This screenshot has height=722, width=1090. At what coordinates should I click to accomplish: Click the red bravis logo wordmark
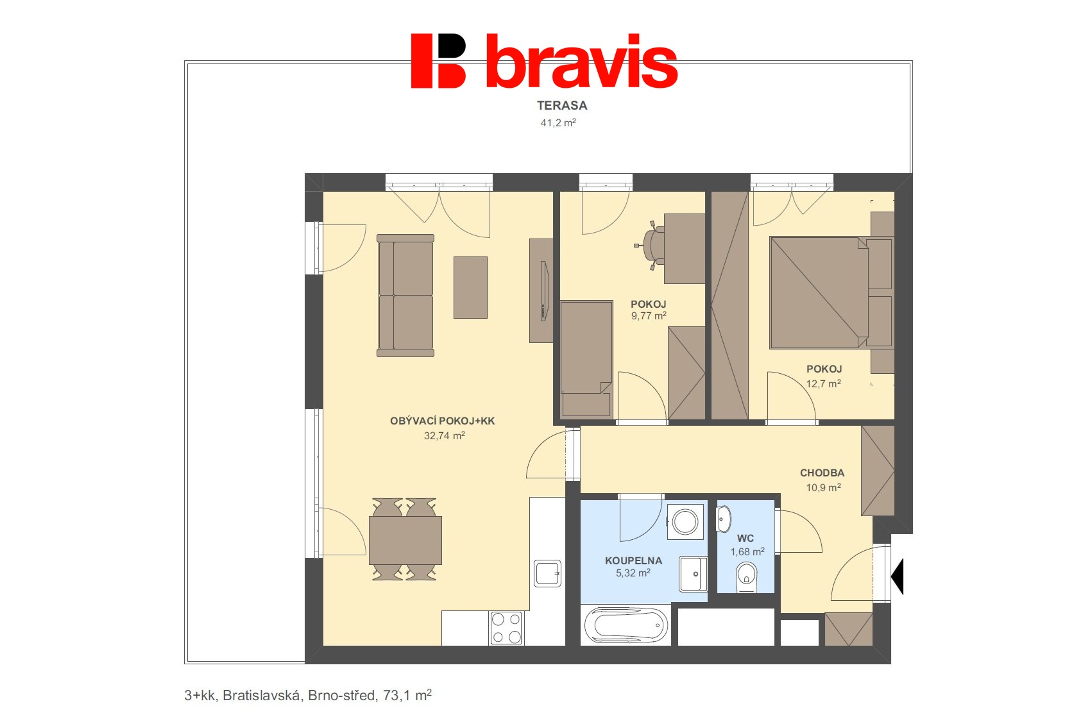(x=544, y=61)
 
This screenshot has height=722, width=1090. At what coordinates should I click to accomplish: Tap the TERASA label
(x=562, y=106)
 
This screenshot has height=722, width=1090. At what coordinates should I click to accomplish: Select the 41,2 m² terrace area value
(x=558, y=122)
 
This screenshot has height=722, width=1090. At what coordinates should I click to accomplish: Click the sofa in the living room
(x=405, y=296)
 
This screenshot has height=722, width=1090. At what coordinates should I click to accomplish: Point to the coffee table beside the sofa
(x=470, y=287)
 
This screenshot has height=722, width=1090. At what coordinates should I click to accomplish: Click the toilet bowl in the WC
(x=747, y=577)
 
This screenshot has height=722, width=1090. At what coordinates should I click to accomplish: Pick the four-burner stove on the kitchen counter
(x=506, y=628)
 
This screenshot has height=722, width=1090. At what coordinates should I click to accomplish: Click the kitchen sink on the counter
(x=547, y=574)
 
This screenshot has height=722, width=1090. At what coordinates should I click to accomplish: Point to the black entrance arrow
(x=898, y=576)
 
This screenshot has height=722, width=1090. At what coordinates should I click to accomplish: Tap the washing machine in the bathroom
(x=685, y=522)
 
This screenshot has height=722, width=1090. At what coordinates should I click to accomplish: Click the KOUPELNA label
(x=634, y=560)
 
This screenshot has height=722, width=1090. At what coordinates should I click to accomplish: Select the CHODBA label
(x=822, y=473)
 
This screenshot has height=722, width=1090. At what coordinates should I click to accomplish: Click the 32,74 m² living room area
(x=444, y=435)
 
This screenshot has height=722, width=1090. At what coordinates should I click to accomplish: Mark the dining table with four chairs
(x=405, y=540)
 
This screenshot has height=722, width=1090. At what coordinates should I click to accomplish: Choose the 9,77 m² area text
(x=649, y=316)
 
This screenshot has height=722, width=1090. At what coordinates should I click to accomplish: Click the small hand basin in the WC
(x=724, y=519)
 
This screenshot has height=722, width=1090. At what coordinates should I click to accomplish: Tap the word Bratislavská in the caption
(x=261, y=696)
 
